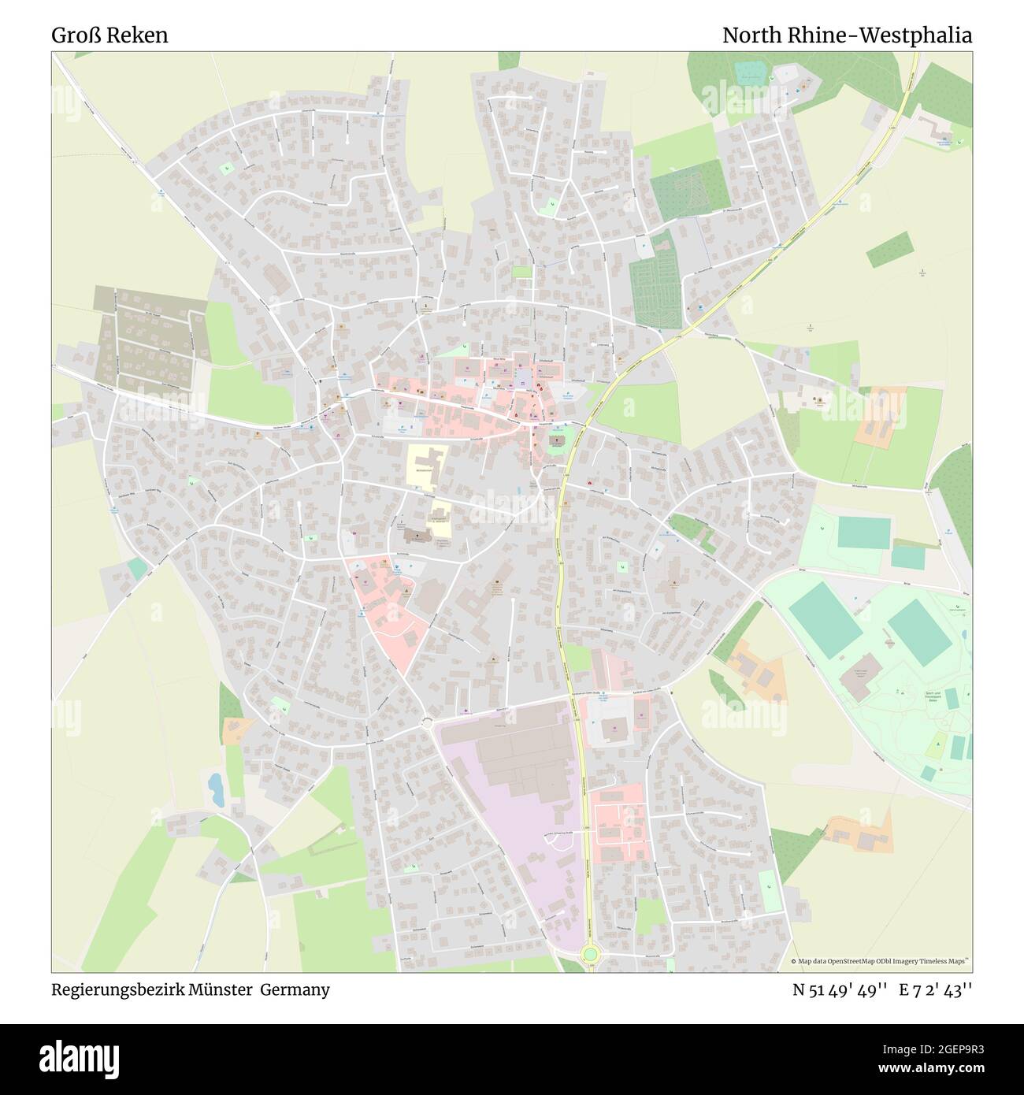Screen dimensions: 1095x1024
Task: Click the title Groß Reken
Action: click(x=110, y=35)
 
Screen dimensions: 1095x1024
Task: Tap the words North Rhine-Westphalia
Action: click(x=847, y=35)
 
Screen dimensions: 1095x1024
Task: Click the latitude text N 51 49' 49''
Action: click(x=840, y=989)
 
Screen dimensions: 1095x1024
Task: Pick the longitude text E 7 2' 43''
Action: click(x=937, y=989)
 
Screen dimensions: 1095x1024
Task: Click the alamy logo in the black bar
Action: click(x=67, y=1058)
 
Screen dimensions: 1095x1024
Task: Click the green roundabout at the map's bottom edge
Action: click(x=589, y=956)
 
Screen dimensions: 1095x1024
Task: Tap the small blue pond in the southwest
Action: click(x=214, y=785)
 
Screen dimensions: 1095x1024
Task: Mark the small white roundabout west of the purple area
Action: click(x=428, y=722)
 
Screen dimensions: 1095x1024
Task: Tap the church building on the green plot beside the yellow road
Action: click(x=558, y=441)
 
